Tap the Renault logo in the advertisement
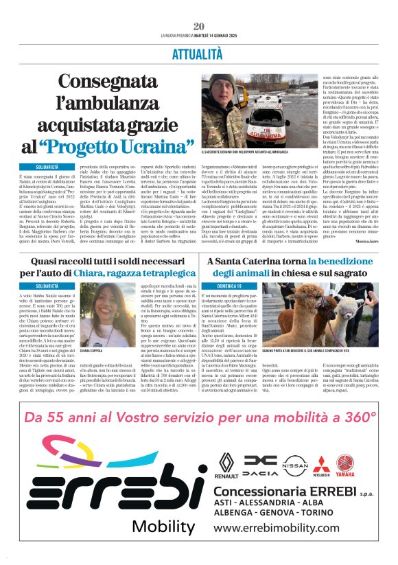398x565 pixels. coord(226,464)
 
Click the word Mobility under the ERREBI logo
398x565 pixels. coord(163,527)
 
